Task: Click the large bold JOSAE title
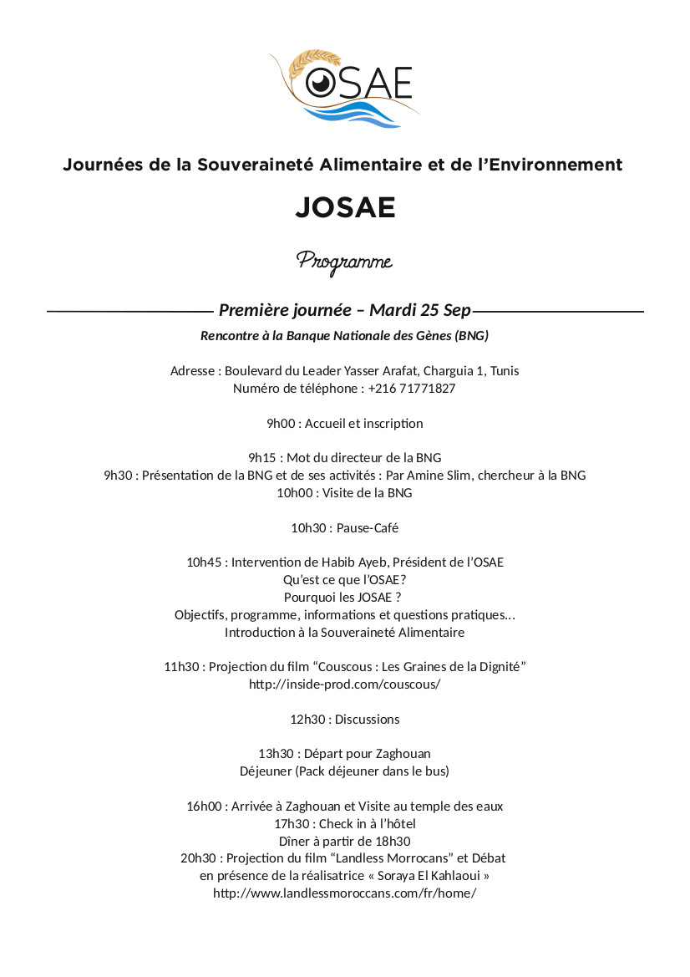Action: (345, 207)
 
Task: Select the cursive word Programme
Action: (344, 261)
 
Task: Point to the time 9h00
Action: (281, 424)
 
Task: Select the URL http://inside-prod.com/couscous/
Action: (344, 684)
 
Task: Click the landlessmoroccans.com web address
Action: (344, 893)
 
